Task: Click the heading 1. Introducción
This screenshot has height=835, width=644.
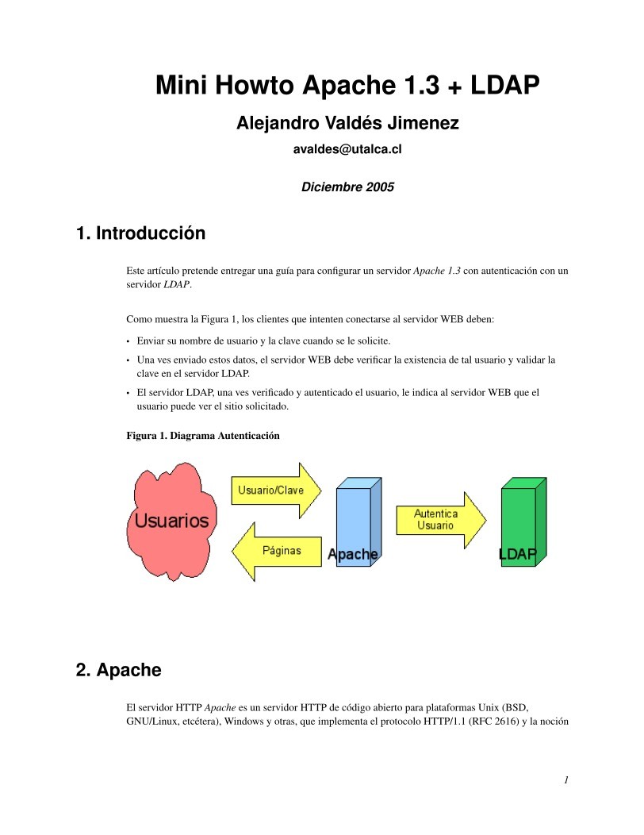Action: [x=140, y=233]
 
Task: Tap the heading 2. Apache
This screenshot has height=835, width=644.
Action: [x=118, y=670]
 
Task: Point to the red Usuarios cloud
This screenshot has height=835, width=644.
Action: [x=171, y=520]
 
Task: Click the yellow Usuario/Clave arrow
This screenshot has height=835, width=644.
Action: [x=274, y=490]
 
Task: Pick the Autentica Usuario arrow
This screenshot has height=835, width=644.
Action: [x=439, y=520]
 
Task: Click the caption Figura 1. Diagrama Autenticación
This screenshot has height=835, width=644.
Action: [x=203, y=436]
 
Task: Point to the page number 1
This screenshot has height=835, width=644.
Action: [x=566, y=780]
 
